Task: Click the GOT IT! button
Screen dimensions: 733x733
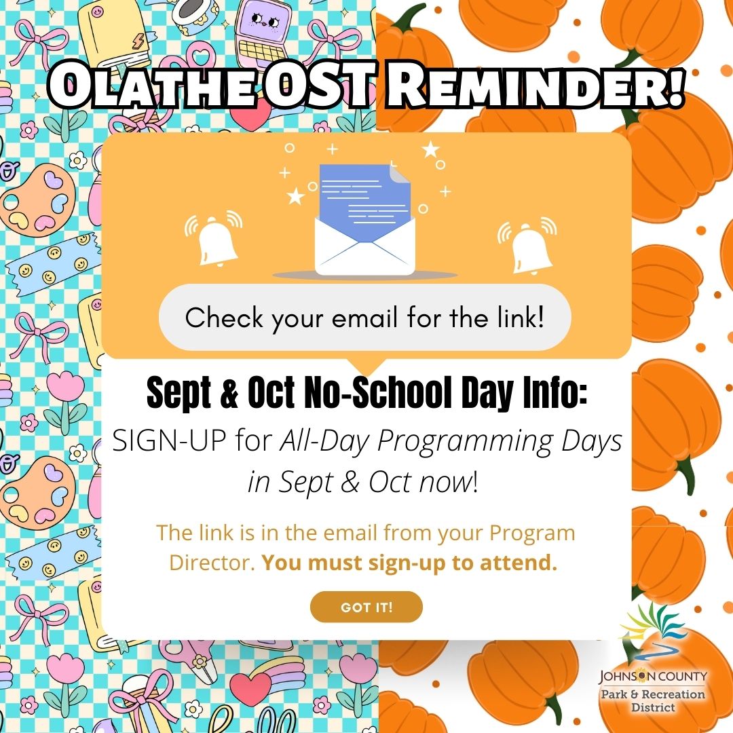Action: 366,607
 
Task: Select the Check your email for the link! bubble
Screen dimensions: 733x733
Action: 365,318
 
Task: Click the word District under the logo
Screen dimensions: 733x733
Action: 652,708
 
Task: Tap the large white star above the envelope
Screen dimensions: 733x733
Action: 430,149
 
